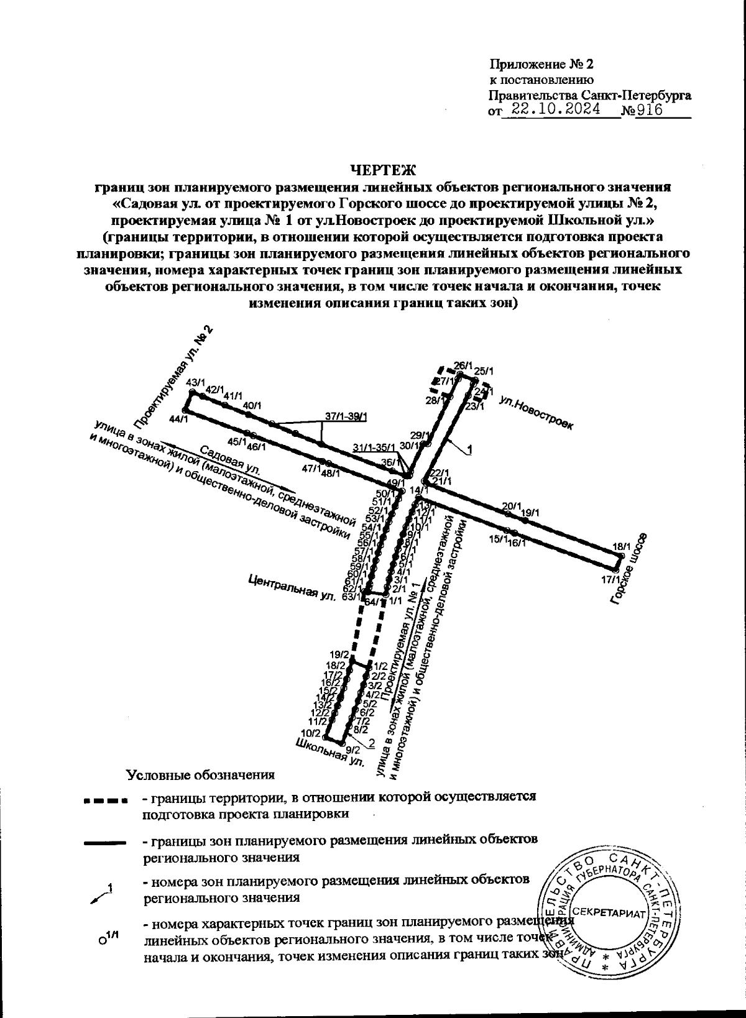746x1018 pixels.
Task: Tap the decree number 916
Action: pos(649,110)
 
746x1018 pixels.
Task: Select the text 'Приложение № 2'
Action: pos(542,65)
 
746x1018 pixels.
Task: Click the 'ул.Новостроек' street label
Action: pos(536,411)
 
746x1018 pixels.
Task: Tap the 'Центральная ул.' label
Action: pos(291,587)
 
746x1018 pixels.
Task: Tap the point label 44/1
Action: pos(178,420)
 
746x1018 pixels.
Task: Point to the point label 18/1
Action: pos(621,546)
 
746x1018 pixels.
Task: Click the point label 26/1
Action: pos(464,365)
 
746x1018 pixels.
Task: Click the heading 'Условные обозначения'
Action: pos(200,775)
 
